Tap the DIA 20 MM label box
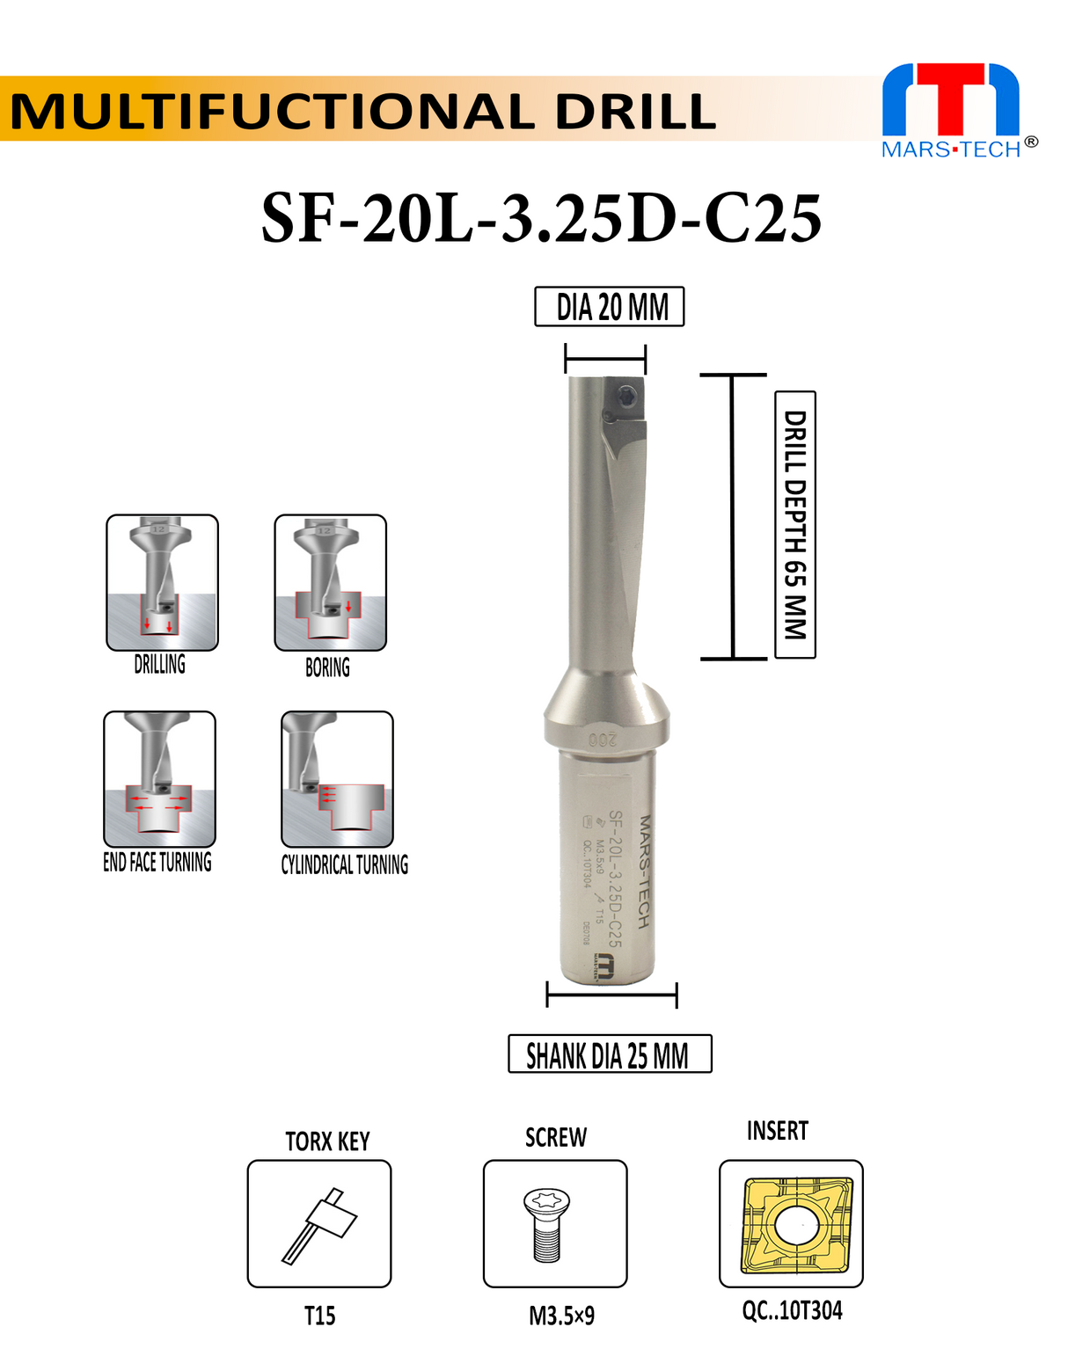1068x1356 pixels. point(610,307)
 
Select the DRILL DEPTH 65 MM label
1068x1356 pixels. point(795,524)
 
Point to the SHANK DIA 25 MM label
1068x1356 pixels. point(610,1054)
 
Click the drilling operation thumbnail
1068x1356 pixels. point(162,582)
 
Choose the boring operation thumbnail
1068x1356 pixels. point(330,582)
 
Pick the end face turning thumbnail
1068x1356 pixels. point(159,778)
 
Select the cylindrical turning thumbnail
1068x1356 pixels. point(337,778)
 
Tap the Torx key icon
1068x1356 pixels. point(319,1224)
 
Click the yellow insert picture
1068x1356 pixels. point(791,1224)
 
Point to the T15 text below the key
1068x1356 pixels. point(319,1316)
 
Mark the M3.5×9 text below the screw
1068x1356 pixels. point(561,1316)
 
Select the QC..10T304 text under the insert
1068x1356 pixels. point(792,1311)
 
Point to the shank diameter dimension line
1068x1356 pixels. point(611,996)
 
